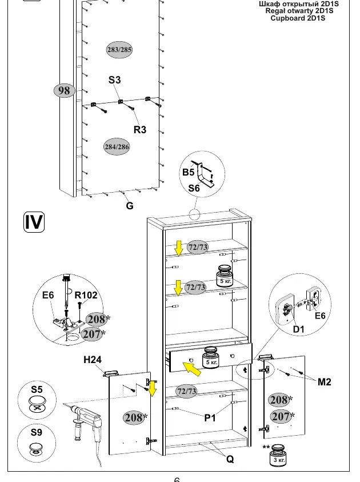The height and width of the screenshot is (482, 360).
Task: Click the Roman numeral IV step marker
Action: coord(34,222)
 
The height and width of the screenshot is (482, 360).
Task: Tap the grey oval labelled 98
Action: coord(64,90)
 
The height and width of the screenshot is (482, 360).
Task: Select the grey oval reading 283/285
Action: coord(119,50)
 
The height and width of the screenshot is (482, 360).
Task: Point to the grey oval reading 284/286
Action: coord(117,146)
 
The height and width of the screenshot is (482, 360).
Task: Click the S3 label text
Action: coord(115,80)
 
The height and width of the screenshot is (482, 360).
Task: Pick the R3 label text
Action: coord(140,130)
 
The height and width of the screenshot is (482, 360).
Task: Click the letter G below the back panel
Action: coord(130,206)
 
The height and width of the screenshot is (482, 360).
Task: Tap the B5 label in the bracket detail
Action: coord(189,172)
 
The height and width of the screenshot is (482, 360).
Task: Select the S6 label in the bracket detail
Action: coord(194,188)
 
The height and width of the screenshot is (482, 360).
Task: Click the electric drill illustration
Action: coord(86,424)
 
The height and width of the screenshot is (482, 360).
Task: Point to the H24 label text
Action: coord(93,359)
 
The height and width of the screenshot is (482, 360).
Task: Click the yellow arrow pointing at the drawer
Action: coord(192,369)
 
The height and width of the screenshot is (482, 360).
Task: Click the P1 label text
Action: coord(210,418)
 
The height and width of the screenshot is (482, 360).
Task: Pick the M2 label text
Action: coord(325,382)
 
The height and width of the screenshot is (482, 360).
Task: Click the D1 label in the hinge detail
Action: coord(298,329)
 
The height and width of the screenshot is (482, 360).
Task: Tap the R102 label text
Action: coord(86,295)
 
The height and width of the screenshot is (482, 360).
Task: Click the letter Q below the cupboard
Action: coord(230,459)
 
